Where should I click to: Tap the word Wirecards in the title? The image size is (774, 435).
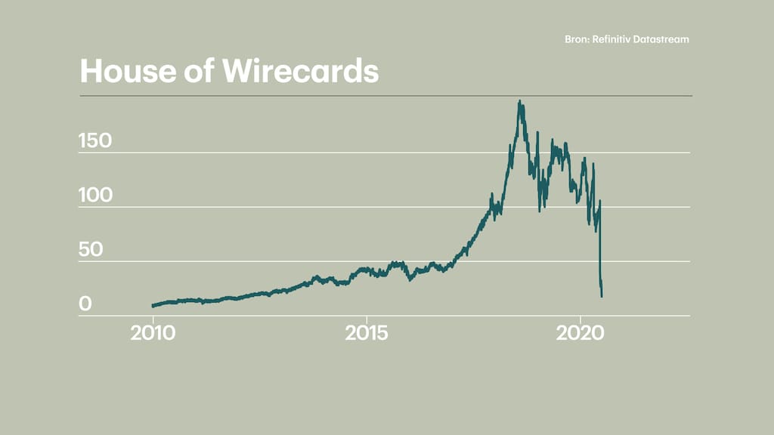[300, 71]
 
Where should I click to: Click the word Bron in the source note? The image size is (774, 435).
[576, 39]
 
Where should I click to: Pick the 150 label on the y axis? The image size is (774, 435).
[95, 141]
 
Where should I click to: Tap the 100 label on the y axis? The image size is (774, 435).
[95, 196]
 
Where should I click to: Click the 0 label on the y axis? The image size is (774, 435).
[85, 304]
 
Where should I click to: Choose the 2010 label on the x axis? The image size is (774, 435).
[153, 334]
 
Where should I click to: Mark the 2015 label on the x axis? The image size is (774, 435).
[367, 334]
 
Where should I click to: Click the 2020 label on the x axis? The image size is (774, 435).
[580, 334]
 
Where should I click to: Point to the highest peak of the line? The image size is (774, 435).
[519, 102]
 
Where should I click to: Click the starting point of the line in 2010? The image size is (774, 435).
[153, 306]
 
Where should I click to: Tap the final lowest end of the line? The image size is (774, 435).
[602, 296]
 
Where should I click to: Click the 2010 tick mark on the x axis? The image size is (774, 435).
[153, 318]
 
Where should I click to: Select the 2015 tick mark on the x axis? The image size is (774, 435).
[367, 318]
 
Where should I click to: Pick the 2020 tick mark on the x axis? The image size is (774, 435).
[580, 318]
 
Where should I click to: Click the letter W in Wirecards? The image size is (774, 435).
[240, 71]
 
